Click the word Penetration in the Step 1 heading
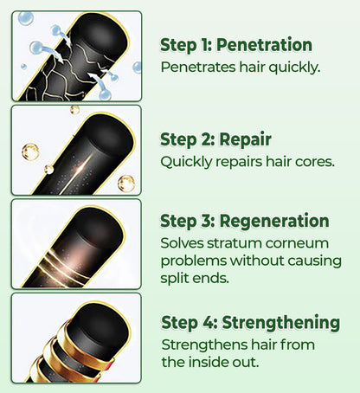pyautogui.click(x=264, y=45)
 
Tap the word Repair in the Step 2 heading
pyautogui.click(x=245, y=139)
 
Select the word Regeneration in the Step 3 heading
pyautogui.click(x=274, y=222)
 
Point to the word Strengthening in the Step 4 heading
pyautogui.click(x=280, y=322)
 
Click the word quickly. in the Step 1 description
pyautogui.click(x=294, y=68)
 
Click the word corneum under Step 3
pyautogui.click(x=297, y=244)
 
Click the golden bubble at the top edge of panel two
pyautogui.click(x=74, y=110)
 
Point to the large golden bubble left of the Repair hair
pyautogui.click(x=30, y=151)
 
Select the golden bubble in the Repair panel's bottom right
pyautogui.click(x=126, y=184)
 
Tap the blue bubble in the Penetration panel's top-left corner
pyautogui.click(x=26, y=18)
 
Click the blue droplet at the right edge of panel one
pyautogui.click(x=137, y=68)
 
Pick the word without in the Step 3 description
pyautogui.click(x=256, y=261)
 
